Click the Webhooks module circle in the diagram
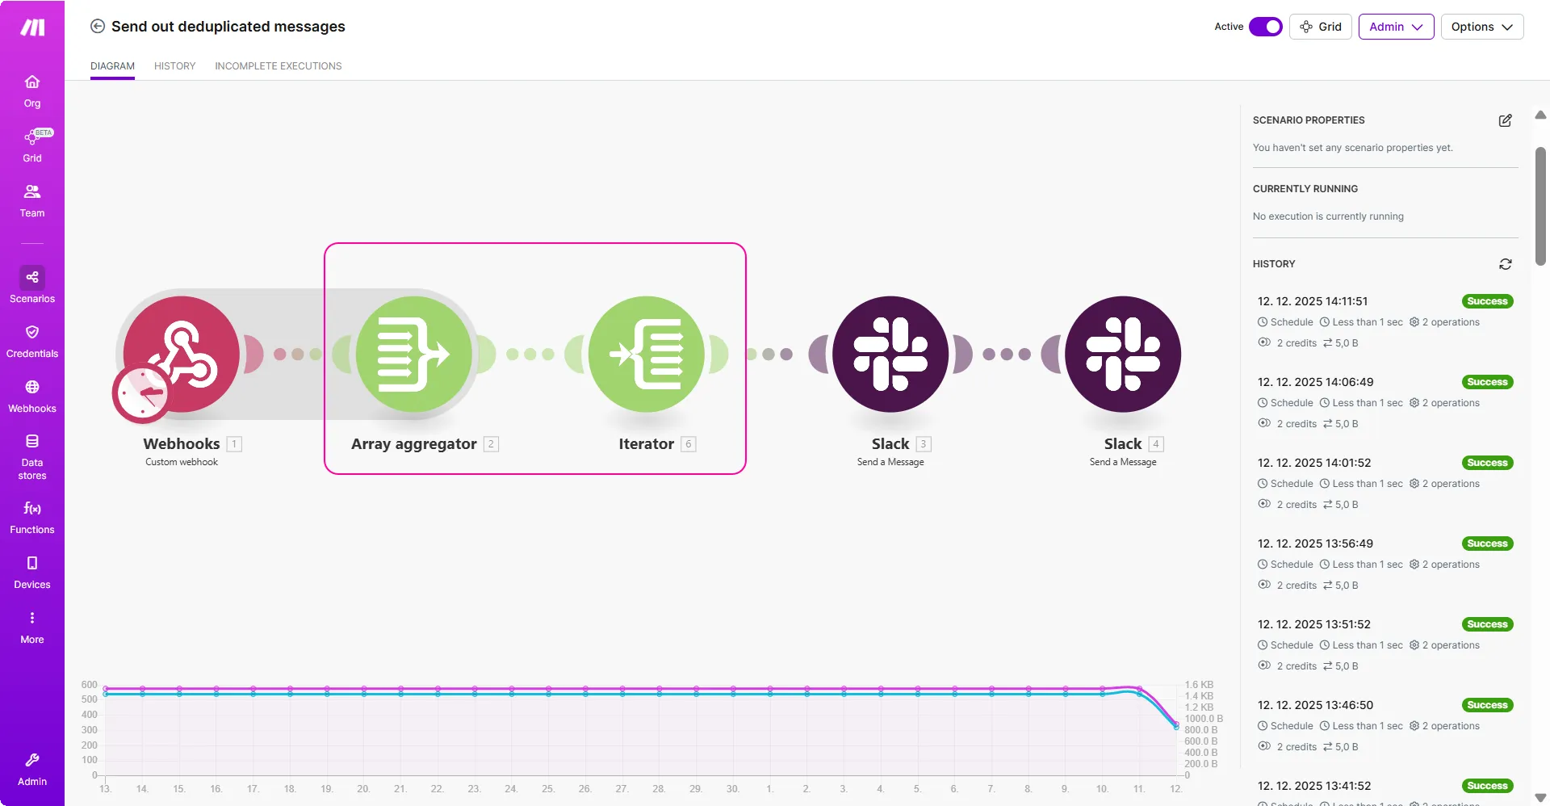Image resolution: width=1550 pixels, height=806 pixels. [182, 354]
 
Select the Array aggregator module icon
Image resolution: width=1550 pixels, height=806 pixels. [414, 354]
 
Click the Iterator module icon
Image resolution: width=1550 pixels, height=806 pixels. [647, 354]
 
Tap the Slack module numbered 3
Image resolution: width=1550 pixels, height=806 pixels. [890, 354]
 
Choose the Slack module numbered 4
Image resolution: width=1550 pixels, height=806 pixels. [1123, 354]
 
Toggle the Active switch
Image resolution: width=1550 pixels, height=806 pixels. [1266, 27]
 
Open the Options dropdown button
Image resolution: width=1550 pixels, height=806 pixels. [1482, 27]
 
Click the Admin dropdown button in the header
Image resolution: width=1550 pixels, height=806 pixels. [1396, 27]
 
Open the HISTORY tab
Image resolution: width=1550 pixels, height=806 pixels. [175, 66]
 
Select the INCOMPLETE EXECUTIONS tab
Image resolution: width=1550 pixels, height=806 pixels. [279, 66]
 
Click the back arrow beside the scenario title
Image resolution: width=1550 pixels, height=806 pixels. [98, 26]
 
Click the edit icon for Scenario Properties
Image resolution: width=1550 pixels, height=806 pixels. [1506, 120]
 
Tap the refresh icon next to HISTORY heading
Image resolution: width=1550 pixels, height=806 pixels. [1506, 264]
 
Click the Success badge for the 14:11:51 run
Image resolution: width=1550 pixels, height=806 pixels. [1488, 301]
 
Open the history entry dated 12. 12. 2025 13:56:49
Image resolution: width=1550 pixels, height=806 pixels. [1315, 544]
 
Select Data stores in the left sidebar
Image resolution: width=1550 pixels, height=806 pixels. [32, 456]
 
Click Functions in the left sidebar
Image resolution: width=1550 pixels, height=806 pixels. [32, 518]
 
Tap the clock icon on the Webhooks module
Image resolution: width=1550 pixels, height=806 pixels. [142, 394]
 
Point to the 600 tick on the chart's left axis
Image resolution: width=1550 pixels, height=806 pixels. [89, 685]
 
